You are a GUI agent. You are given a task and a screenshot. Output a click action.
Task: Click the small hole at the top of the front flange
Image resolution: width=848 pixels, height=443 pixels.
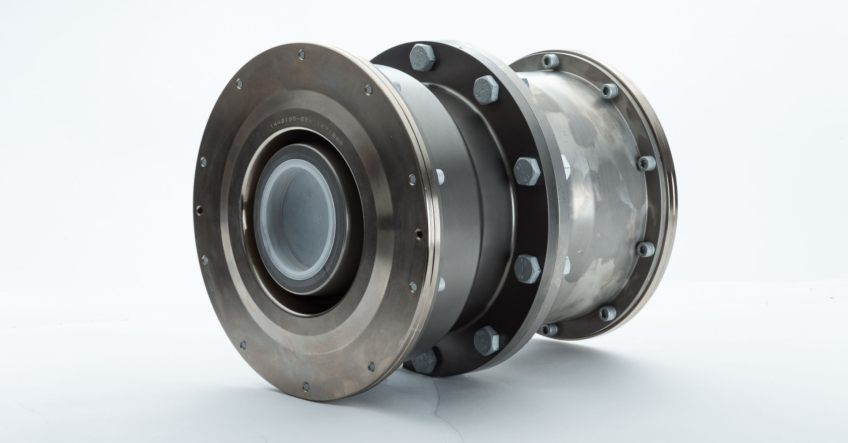click(x=302, y=55)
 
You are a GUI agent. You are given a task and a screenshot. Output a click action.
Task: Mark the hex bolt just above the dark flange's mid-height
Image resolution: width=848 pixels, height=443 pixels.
click(x=527, y=169)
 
